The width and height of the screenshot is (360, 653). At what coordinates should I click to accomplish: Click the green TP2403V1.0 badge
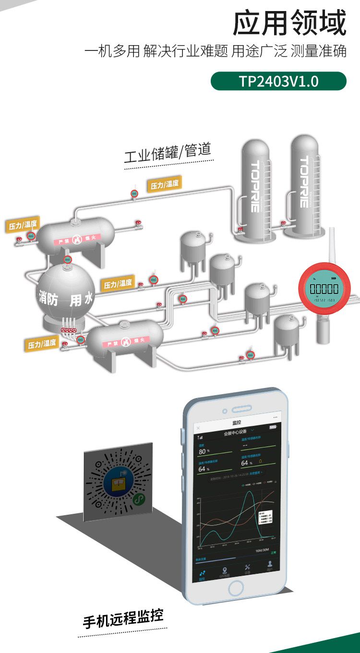pyautogui.click(x=278, y=81)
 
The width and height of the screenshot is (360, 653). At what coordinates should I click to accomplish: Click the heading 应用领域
pyautogui.click(x=289, y=24)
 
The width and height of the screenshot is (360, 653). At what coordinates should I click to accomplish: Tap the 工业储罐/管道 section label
pyautogui.click(x=168, y=153)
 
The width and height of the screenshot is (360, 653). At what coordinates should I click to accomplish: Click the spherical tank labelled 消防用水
pyautogui.click(x=66, y=295)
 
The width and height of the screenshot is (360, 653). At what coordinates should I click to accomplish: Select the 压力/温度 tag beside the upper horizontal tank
pyautogui.click(x=23, y=224)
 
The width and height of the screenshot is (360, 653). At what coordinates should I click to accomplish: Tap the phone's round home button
pyautogui.click(x=236, y=588)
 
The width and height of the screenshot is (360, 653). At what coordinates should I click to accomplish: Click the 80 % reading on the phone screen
pyautogui.click(x=204, y=451)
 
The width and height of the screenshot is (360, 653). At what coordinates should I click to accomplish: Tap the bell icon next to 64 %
pyautogui.click(x=261, y=462)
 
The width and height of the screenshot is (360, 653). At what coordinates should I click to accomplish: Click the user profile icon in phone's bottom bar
pyautogui.click(x=270, y=567)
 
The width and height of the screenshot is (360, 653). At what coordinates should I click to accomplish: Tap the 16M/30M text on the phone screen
pyautogui.click(x=262, y=550)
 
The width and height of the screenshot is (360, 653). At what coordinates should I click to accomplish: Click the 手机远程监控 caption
pyautogui.click(x=123, y=618)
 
